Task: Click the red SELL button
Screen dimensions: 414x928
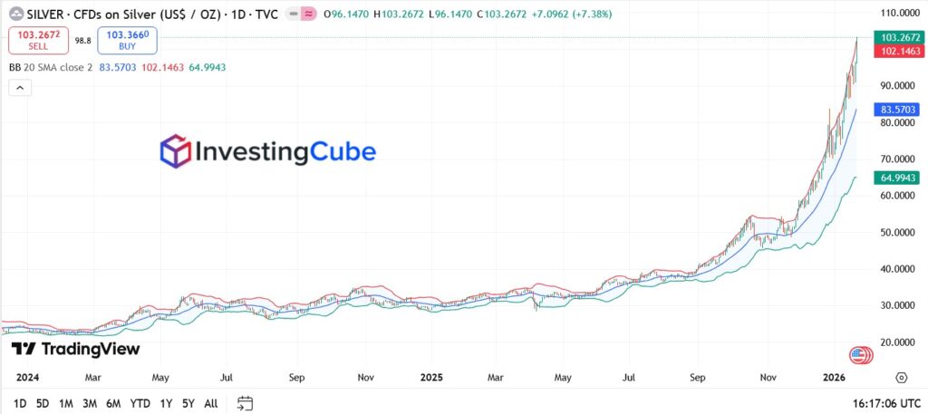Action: click(x=37, y=40)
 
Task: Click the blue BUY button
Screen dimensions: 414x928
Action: click(x=128, y=40)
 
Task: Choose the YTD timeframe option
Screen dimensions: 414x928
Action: click(x=140, y=403)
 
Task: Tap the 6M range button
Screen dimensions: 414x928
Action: click(x=113, y=403)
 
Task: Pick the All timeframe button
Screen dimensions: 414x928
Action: click(x=211, y=403)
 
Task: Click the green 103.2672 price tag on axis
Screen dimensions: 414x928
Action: click(x=897, y=37)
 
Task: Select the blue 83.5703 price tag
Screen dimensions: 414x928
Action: click(x=897, y=109)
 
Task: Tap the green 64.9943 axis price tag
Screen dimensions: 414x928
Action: click(x=897, y=178)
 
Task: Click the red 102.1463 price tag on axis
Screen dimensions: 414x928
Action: click(x=897, y=52)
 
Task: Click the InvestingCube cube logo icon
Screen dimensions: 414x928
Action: click(x=176, y=151)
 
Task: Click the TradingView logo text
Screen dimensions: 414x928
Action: click(x=76, y=349)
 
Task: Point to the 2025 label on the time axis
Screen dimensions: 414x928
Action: click(x=431, y=376)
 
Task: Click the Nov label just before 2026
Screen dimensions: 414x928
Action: click(x=768, y=376)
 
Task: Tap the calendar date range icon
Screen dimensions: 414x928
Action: click(x=245, y=403)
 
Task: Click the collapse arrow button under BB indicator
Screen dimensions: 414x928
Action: click(x=20, y=87)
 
